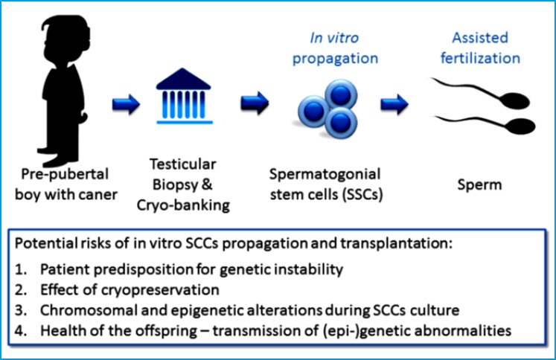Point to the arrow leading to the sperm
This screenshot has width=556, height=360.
click(x=392, y=102)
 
